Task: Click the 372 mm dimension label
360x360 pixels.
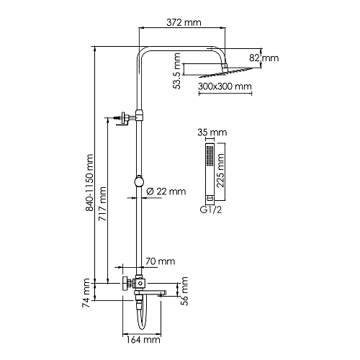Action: (x=184, y=22)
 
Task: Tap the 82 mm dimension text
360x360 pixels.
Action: (x=264, y=58)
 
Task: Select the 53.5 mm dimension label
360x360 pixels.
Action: (x=177, y=71)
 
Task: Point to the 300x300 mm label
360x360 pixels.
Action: (x=225, y=86)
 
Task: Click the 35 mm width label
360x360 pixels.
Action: (x=212, y=132)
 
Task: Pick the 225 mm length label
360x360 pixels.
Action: (x=220, y=170)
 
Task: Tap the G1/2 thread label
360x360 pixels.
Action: (x=211, y=210)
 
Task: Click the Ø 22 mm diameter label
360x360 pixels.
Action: (x=166, y=192)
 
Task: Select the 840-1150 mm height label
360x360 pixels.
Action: (x=89, y=183)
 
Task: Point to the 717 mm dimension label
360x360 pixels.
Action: (x=102, y=204)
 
